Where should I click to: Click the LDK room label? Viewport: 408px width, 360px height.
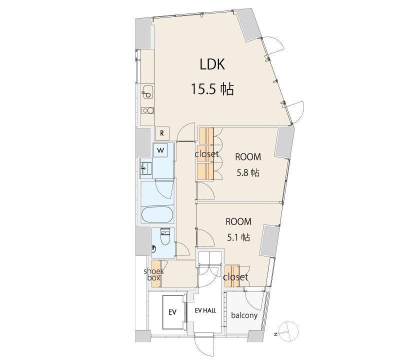point(212,64)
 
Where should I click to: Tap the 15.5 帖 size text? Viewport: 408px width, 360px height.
point(212,89)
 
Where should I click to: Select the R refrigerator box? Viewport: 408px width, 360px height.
point(162,133)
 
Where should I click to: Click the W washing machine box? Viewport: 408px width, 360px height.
point(160,150)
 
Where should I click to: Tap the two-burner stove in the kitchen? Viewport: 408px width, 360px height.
point(148,110)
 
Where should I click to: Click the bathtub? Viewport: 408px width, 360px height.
point(157,215)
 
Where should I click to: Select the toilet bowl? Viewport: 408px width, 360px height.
point(164,236)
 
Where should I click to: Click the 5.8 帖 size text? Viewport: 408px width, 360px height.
point(248,172)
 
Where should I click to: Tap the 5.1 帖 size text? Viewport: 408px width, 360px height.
point(238,237)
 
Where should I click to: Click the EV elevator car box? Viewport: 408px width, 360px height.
point(172,311)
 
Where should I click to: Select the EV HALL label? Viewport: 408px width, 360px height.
point(205,310)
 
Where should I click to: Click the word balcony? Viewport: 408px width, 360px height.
point(244,315)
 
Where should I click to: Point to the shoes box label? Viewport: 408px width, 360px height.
point(153,274)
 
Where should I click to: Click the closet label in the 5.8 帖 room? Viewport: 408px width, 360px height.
point(206,153)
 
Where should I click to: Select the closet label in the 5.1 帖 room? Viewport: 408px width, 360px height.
point(235,277)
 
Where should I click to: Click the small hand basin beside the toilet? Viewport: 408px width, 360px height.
point(154,248)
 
